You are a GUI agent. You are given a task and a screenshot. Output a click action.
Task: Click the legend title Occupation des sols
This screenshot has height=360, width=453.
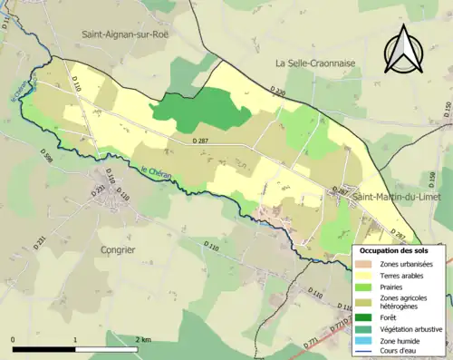(397, 249)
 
